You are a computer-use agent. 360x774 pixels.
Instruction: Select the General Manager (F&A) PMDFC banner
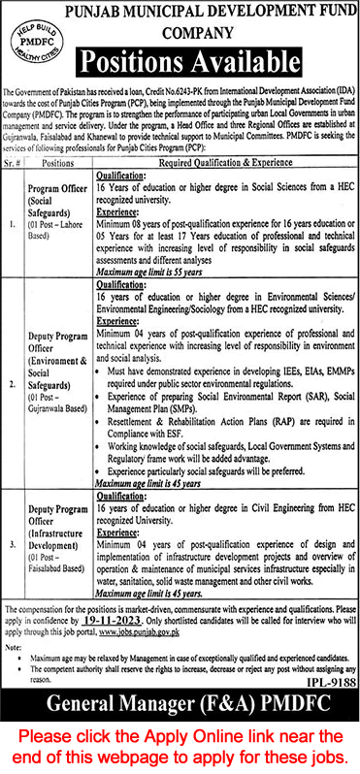click(x=180, y=707)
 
